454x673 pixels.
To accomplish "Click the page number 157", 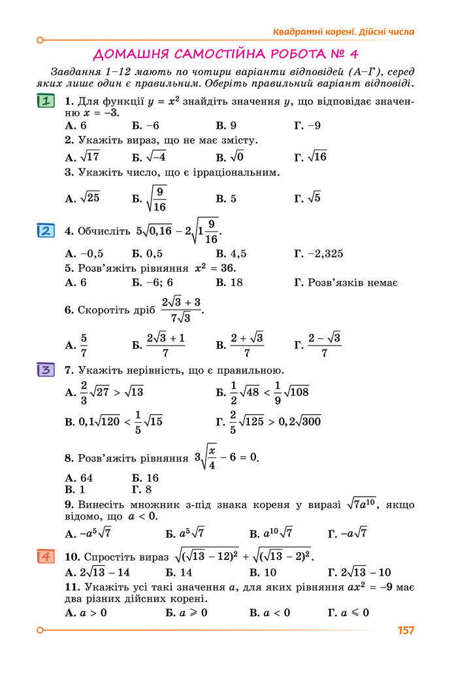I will (x=405, y=631).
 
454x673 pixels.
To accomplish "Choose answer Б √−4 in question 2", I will (x=149, y=157).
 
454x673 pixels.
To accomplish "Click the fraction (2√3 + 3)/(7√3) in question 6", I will (x=181, y=310).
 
